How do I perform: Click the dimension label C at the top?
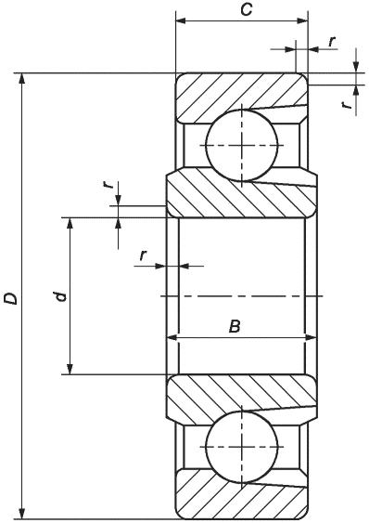pos(247,10)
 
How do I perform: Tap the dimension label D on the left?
pos(10,298)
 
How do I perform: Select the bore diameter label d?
pos(60,295)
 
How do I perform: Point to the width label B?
pos(235,326)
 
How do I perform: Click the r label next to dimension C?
pos(332,42)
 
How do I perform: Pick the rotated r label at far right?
pos(348,105)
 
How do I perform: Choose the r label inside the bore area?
pos(143,255)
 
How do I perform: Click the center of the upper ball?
pos(242,146)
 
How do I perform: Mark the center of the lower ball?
pos(242,447)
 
